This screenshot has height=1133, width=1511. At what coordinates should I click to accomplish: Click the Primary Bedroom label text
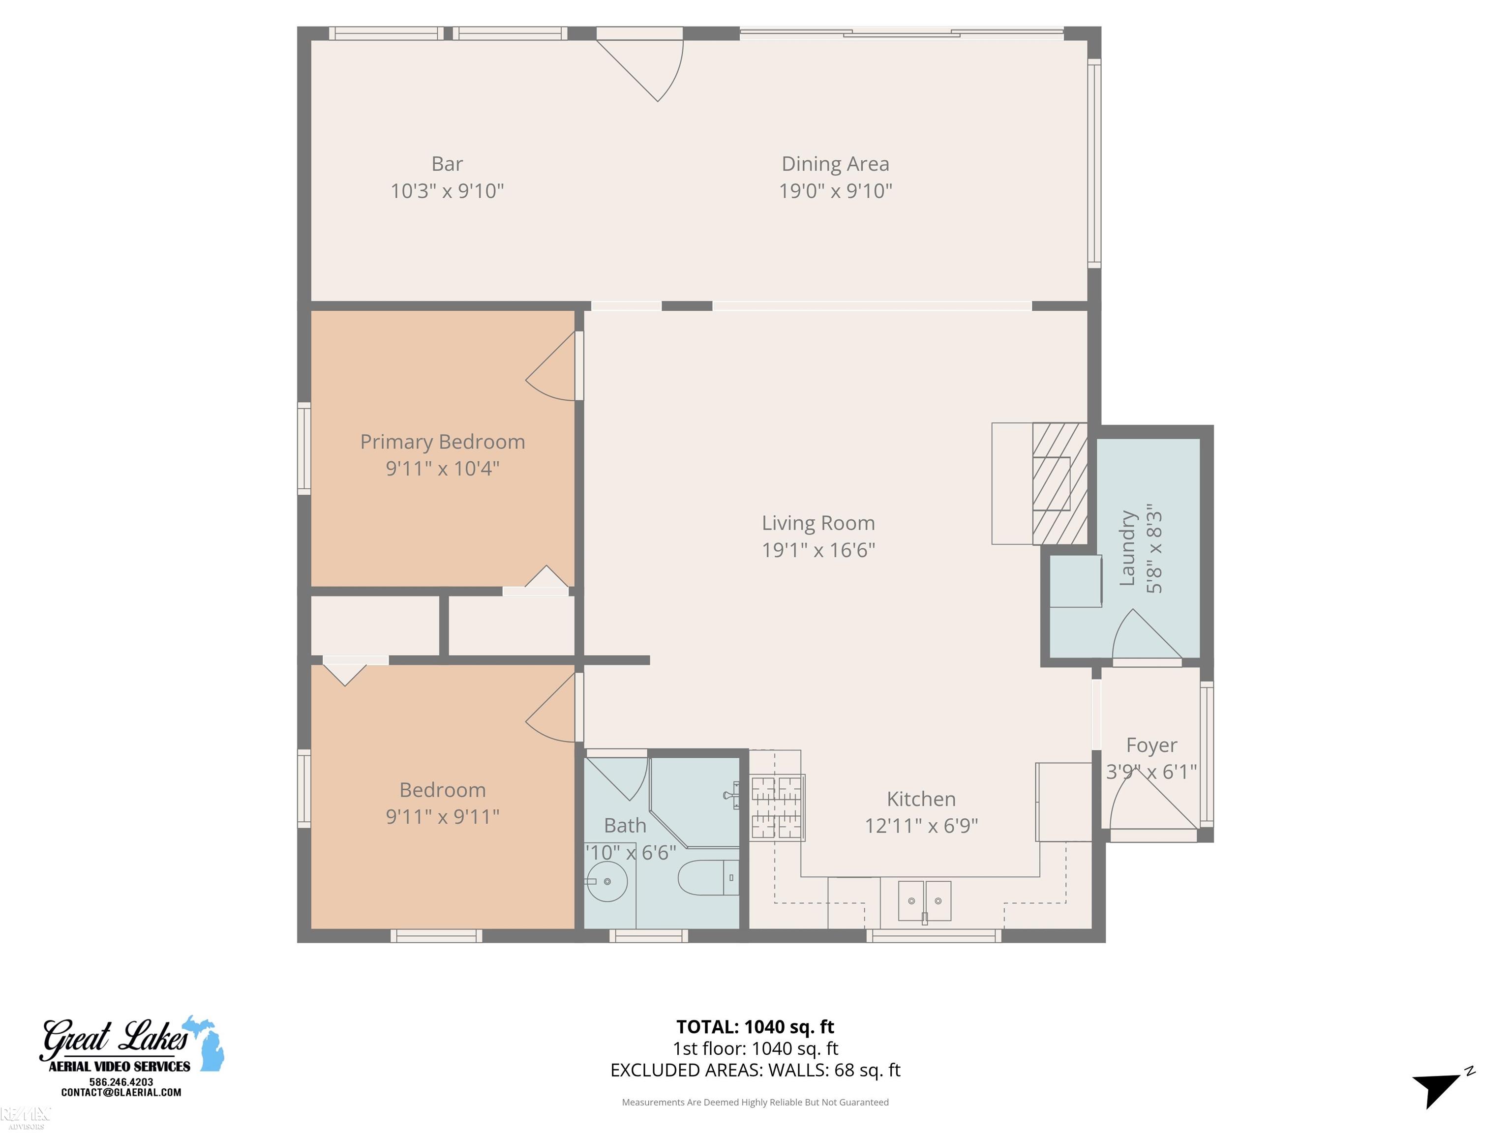(442, 442)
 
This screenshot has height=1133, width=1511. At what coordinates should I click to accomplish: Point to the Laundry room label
(1127, 548)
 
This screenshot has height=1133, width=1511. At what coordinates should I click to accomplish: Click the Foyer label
(1151, 745)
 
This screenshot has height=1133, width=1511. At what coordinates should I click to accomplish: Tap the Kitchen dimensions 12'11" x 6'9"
(921, 826)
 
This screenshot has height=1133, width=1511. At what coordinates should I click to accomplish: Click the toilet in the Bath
(707, 878)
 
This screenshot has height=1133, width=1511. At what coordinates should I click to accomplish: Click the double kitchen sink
(924, 901)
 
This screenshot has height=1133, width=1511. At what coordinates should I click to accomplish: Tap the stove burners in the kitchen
(777, 807)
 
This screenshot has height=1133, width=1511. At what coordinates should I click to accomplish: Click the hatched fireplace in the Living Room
(1059, 483)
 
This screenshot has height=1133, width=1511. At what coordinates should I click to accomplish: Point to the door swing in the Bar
(649, 68)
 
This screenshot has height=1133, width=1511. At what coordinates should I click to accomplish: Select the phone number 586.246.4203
(121, 1082)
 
